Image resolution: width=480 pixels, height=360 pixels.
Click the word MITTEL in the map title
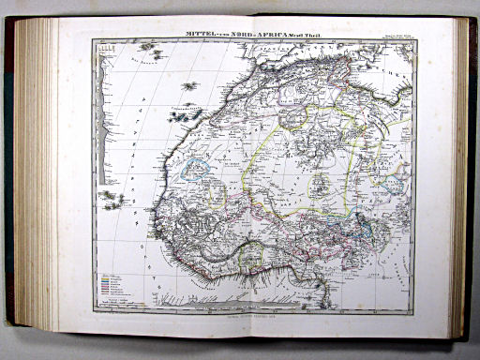[203, 35]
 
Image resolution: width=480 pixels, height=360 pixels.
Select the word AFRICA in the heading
[272, 35]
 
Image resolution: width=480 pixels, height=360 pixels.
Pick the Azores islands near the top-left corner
[147, 45]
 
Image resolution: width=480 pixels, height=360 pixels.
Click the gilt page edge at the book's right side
[460, 178]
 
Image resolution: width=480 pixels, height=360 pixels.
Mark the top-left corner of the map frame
[92, 40]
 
